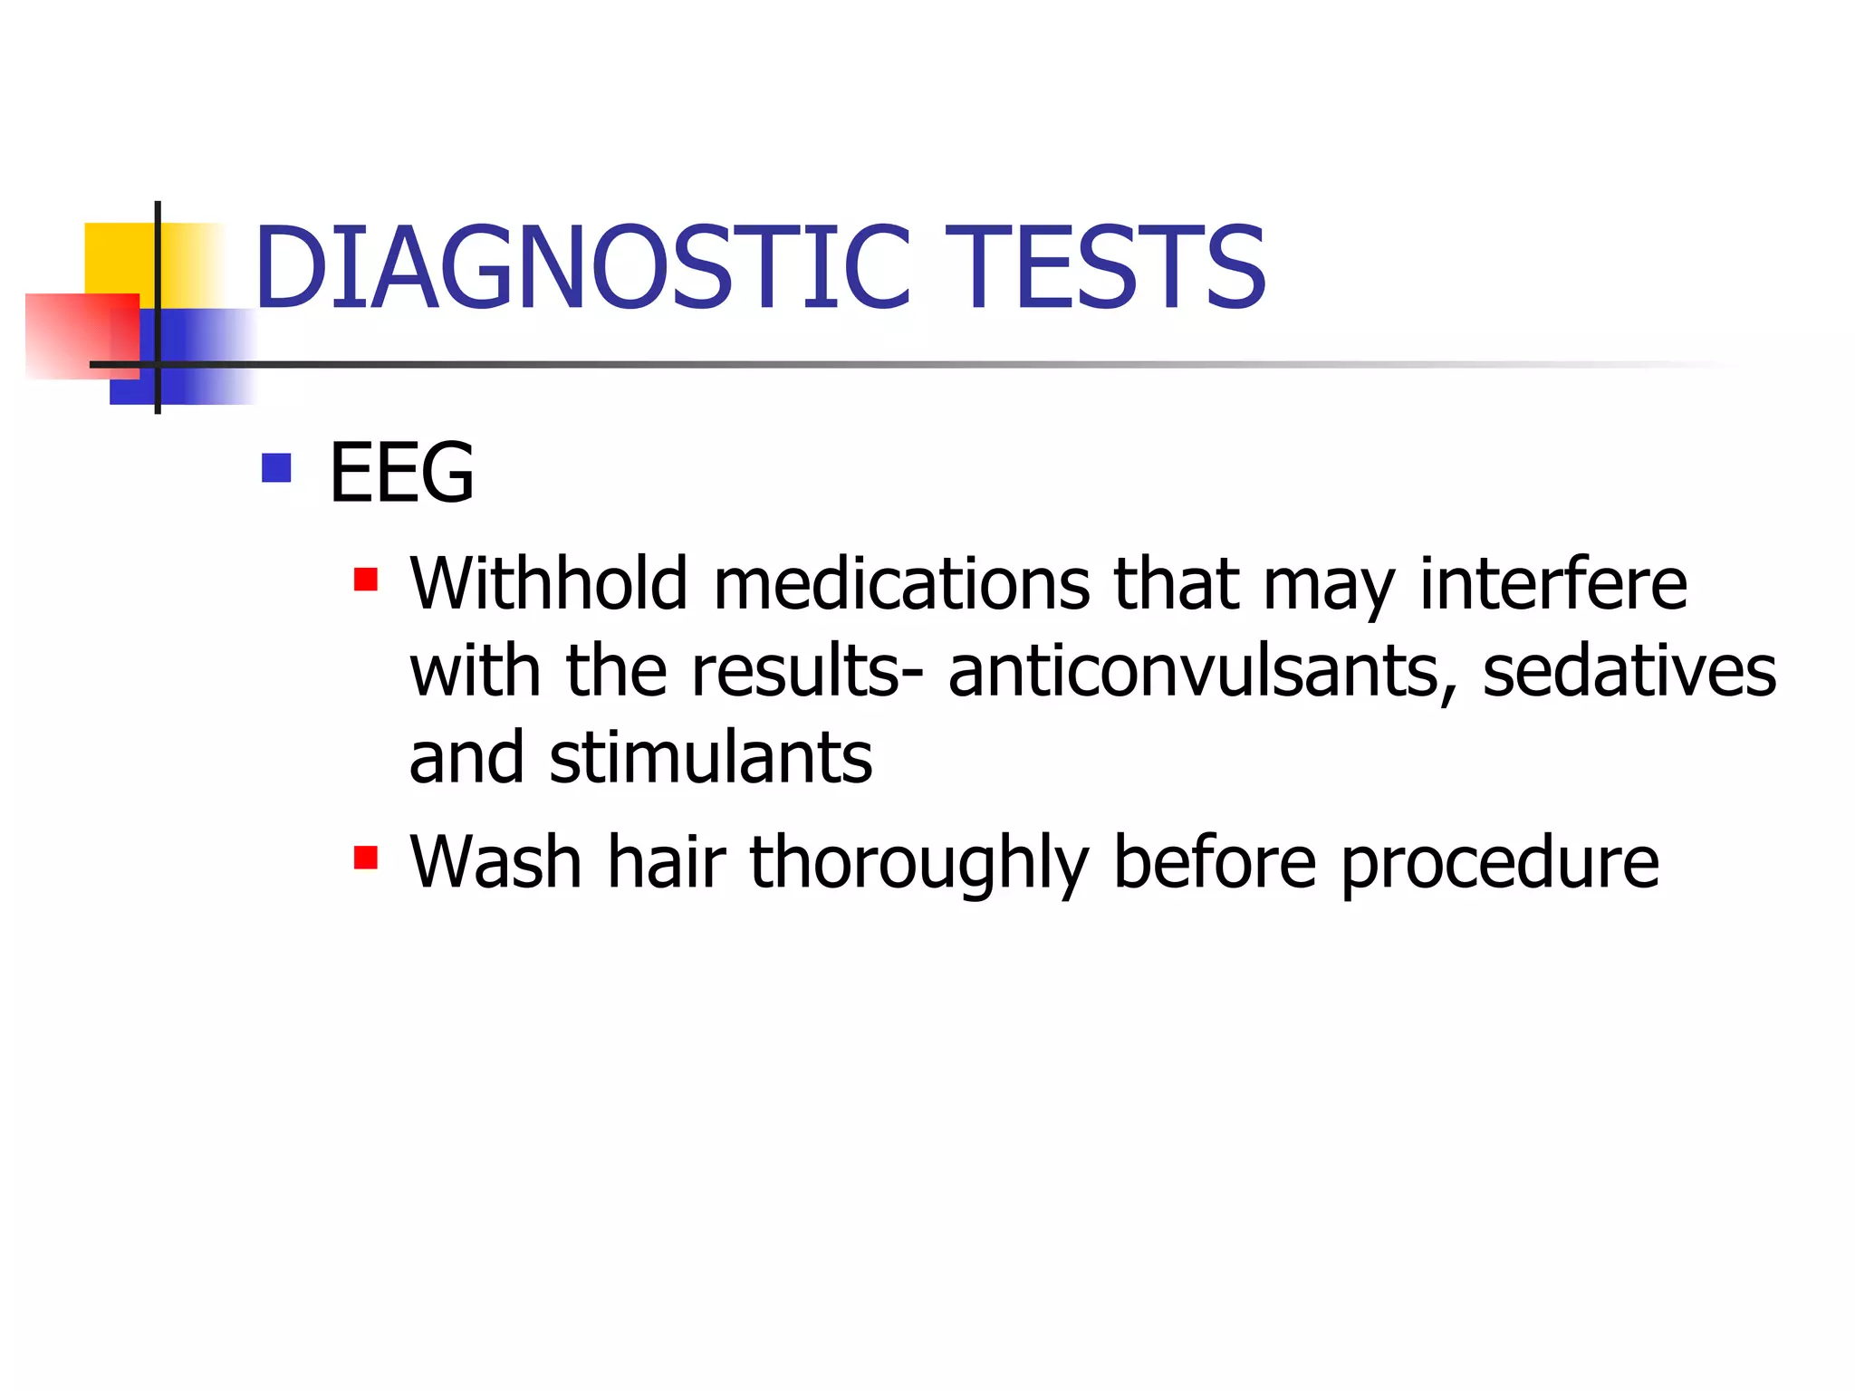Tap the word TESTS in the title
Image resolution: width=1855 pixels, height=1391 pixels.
[x=1105, y=267]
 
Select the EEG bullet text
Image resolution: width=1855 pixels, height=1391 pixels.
[x=401, y=472]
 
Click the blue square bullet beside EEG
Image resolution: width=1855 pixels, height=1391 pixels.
[x=276, y=467]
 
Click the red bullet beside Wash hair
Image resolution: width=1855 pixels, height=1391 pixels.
[x=366, y=857]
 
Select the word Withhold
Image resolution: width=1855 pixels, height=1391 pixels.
[x=549, y=584]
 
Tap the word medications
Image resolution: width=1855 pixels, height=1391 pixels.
[x=901, y=584]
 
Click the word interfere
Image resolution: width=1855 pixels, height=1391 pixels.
[x=1552, y=584]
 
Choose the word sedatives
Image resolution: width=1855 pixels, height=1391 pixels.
[x=1629, y=671]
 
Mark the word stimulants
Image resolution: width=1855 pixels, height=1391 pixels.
[x=711, y=757]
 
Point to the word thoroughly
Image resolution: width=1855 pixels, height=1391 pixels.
[x=919, y=862]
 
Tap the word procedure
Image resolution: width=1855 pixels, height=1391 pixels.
[x=1499, y=862]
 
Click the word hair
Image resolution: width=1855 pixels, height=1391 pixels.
[x=667, y=862]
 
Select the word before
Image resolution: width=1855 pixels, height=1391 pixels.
[x=1215, y=862]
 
